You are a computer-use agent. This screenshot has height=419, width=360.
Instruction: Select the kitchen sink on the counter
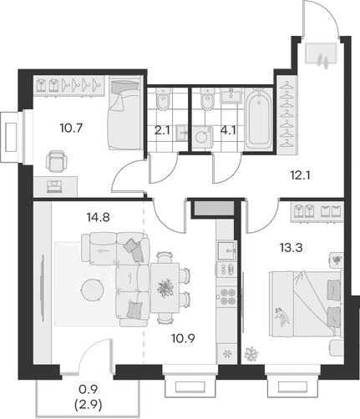226,250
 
